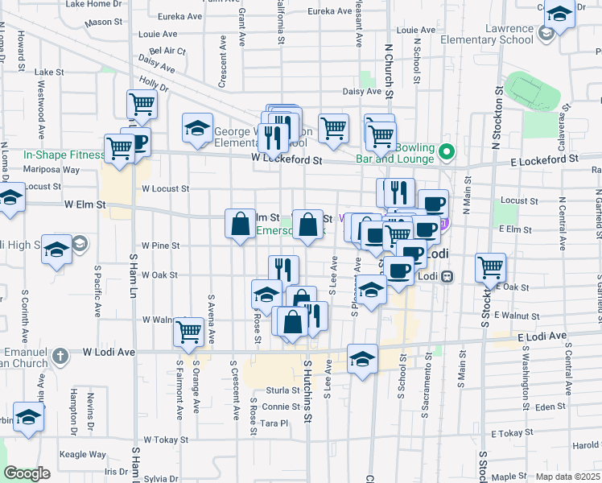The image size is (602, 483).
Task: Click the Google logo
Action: (27, 473)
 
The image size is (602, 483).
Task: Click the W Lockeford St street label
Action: (286, 160)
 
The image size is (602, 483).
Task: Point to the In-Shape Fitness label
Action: (64, 155)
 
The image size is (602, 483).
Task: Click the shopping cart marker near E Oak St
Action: (490, 268)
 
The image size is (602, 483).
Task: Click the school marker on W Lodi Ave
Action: (363, 358)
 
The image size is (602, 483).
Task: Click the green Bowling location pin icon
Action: (447, 151)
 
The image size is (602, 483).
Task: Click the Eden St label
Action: (550, 407)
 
